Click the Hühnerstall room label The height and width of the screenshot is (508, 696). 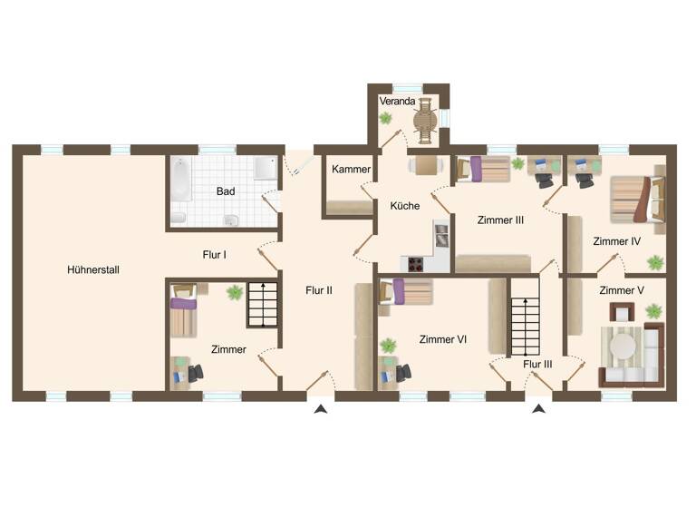tap(93, 269)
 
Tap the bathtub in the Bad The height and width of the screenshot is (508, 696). tap(179, 180)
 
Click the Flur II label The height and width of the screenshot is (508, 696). tap(319, 291)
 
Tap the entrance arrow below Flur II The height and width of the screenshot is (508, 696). tap(320, 410)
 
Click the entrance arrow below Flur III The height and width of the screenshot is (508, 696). tap(538, 410)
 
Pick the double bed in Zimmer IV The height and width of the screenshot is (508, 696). tap(633, 199)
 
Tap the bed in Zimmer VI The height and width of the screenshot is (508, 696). tap(406, 292)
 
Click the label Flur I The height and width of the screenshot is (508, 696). tap(214, 255)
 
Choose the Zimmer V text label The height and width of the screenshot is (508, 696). tap(621, 290)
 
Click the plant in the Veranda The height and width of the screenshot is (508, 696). tap(386, 118)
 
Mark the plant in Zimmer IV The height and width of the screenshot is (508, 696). tap(654, 263)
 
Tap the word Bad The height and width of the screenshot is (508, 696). tap(226, 191)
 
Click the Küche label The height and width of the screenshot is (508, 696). tap(404, 206)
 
